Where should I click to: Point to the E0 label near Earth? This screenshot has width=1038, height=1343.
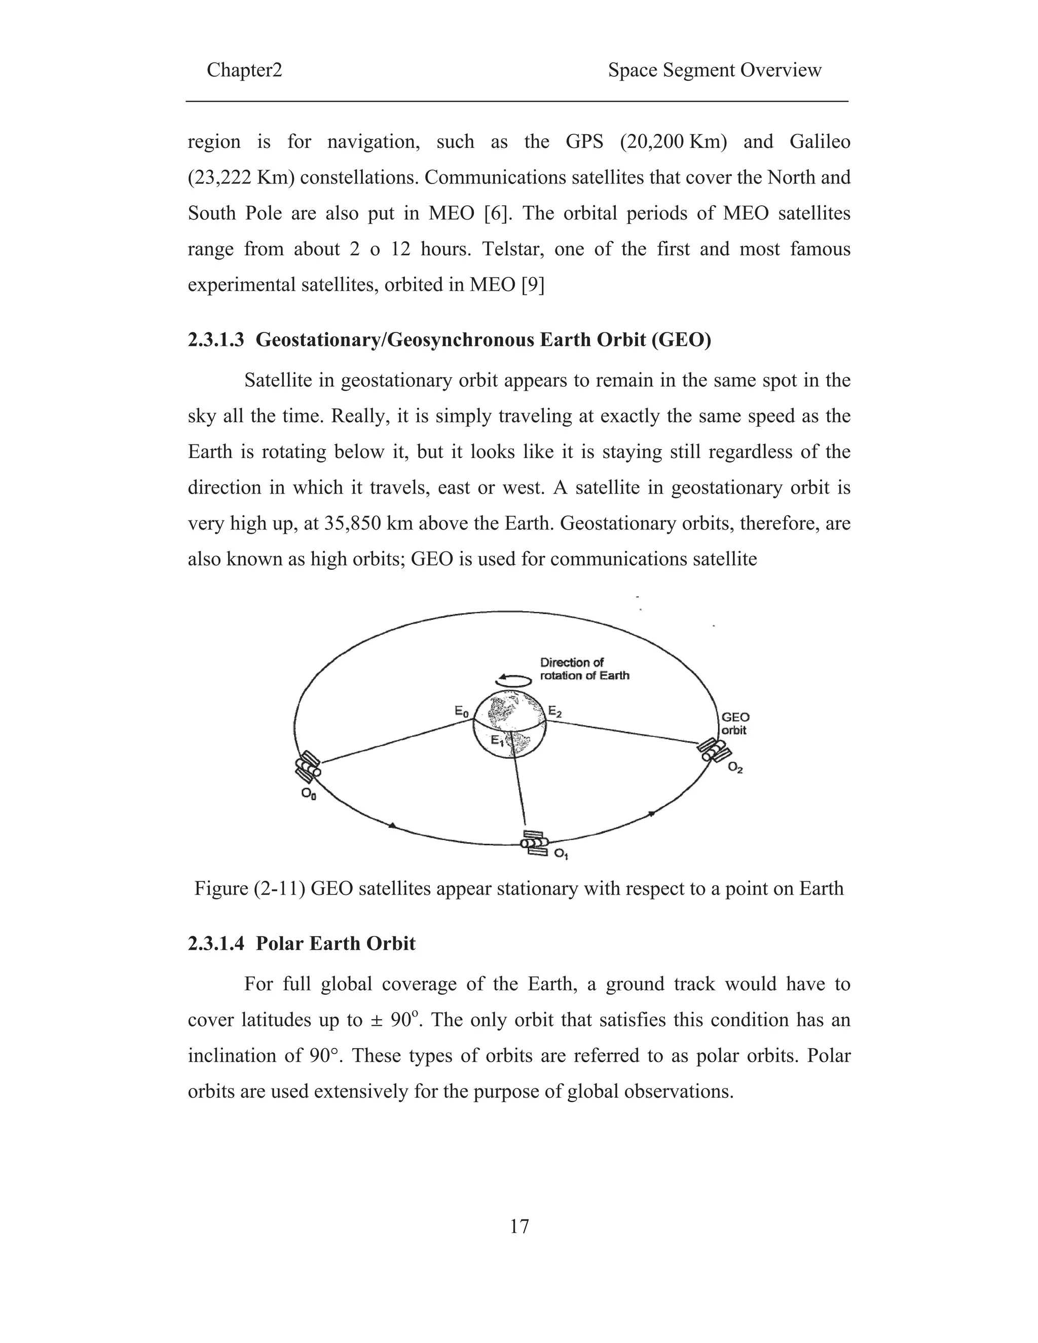(461, 712)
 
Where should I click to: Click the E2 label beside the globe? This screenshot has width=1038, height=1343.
(554, 712)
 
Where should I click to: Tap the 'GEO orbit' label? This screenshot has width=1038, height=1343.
(734, 724)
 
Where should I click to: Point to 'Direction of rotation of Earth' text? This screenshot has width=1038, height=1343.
(584, 669)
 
